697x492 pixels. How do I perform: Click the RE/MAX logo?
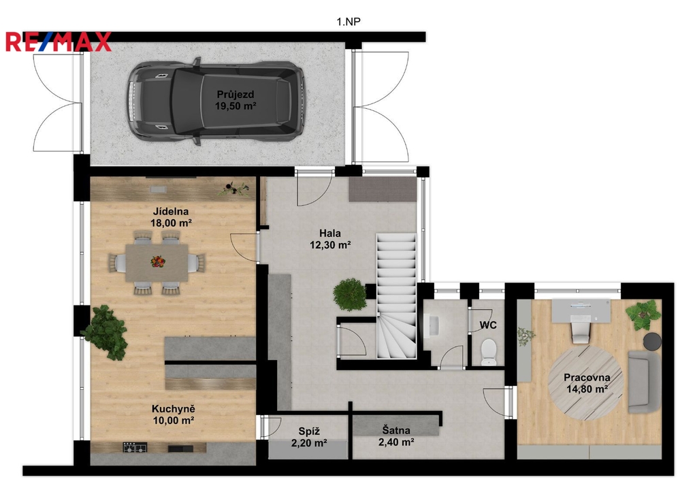59,42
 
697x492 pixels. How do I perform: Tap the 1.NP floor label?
348,22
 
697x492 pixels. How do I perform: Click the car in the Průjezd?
216,101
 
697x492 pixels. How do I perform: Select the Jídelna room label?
171,217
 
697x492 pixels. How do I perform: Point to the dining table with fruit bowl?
157,263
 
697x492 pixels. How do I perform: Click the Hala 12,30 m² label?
330,239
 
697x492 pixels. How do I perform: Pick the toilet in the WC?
489,352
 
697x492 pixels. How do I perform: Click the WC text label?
488,325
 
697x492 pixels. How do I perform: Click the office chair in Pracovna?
581,331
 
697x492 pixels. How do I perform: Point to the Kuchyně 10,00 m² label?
174,414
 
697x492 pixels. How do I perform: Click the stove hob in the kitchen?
135,447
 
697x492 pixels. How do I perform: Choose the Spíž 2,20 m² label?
310,437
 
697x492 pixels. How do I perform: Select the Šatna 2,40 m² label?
397,436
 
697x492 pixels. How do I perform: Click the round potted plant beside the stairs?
349,294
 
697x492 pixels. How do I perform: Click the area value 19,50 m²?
236,105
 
